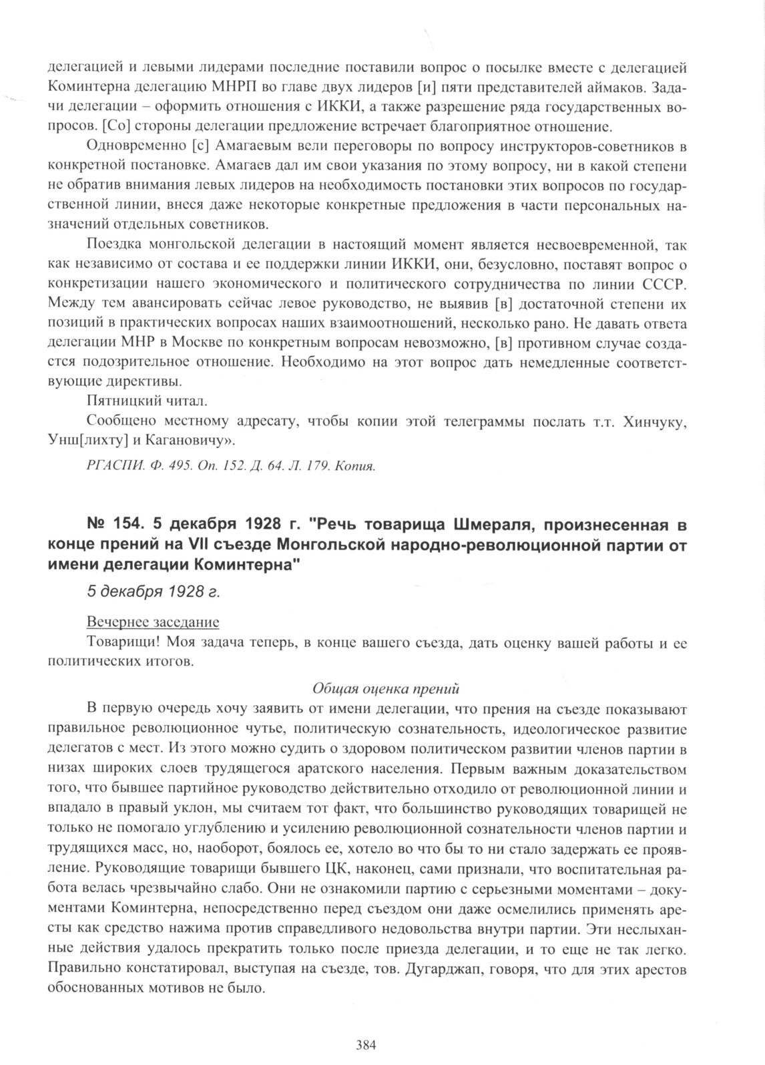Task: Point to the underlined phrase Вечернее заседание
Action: (x=153, y=622)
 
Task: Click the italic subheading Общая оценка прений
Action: (x=386, y=688)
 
